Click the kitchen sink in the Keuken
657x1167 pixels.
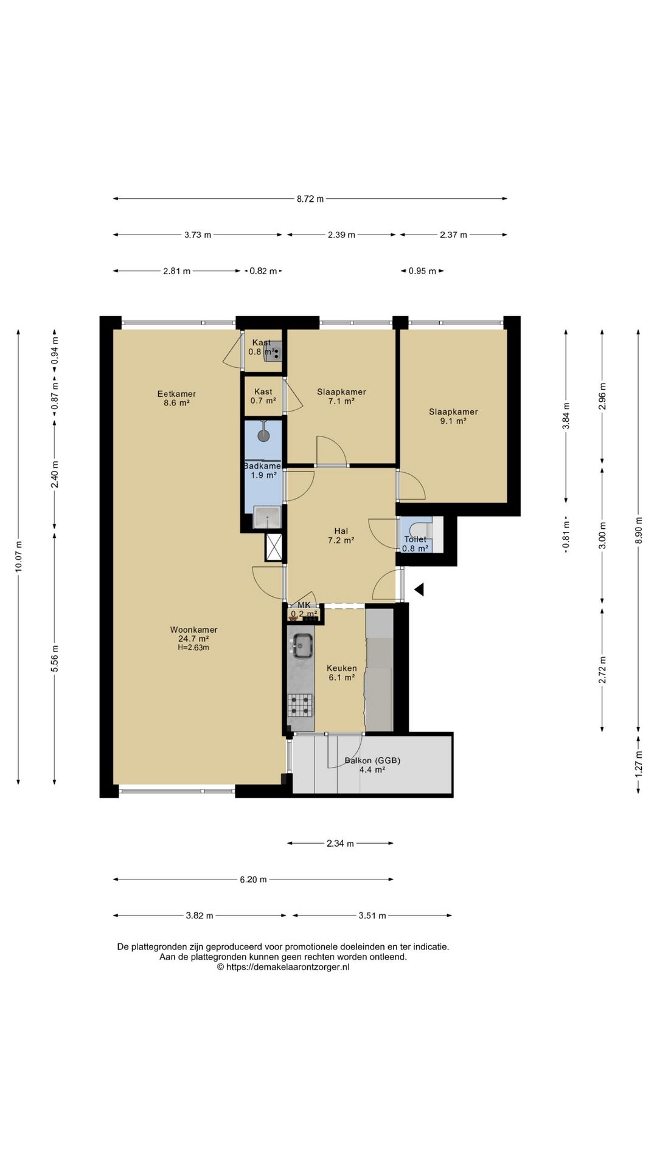pos(302,645)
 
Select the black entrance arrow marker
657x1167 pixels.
pos(419,589)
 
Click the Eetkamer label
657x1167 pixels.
pos(176,393)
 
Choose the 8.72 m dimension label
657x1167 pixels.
pos(310,198)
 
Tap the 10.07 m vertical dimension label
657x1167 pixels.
pos(18,556)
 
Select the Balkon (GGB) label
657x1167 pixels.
pos(372,760)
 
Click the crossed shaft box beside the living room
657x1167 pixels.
pos(274,547)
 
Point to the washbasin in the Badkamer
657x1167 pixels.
pos(267,517)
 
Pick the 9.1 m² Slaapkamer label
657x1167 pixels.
pos(453,416)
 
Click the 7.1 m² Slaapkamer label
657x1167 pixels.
pos(341,396)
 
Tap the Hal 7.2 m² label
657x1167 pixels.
pos(341,535)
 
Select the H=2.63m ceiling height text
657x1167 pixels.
pos(193,648)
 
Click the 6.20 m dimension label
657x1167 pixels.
pos(253,879)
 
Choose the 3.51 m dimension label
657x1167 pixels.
pos(372,915)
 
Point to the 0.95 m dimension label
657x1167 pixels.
pos(422,271)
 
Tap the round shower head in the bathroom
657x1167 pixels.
pos(264,435)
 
